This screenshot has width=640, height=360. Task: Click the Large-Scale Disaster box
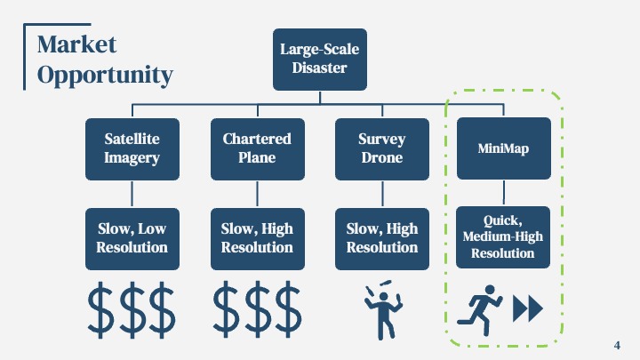320,60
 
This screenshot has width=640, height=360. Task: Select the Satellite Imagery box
132,149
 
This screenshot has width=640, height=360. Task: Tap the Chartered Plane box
258,149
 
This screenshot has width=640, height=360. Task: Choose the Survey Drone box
382,149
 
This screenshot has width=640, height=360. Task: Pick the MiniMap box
504,148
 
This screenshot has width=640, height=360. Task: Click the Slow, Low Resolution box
132,239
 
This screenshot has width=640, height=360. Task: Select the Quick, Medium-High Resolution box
503,237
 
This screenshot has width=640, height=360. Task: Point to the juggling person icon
383,311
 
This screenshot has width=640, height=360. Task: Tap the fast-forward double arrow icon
528,308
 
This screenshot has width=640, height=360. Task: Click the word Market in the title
76,44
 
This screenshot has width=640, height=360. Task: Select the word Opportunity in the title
105,76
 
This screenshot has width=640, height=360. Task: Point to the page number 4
617,345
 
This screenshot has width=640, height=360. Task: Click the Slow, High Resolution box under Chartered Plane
258,239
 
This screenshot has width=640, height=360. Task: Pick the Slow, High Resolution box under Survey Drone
382,239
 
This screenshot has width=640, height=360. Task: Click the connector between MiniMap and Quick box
504,193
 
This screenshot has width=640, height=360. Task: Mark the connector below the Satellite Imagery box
132,195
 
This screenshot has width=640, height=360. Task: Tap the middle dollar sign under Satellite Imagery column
132,310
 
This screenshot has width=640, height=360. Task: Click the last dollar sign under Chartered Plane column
289,309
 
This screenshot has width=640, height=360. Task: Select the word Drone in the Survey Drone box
382,157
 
